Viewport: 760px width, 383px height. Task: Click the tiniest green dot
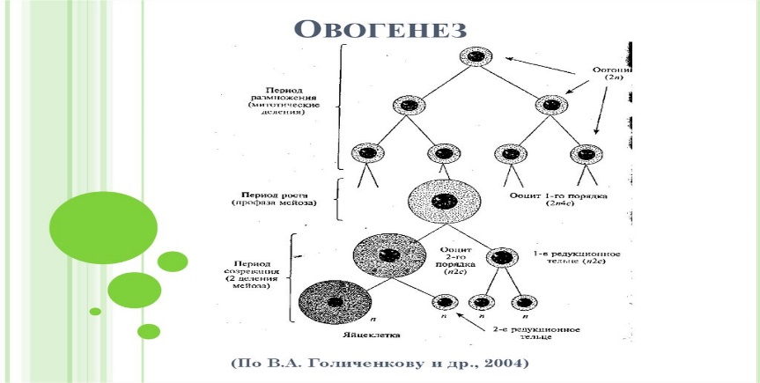pos(95,311)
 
